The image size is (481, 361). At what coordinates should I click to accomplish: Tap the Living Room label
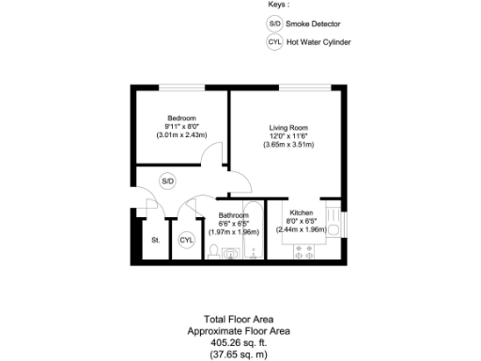[288, 127]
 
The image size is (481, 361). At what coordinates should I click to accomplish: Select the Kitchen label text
[301, 213]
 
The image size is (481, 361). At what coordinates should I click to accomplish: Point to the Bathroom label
[234, 215]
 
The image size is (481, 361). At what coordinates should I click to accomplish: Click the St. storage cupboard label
[155, 241]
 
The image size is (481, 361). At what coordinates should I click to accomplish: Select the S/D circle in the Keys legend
[274, 23]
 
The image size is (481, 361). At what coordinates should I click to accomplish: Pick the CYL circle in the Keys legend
[274, 43]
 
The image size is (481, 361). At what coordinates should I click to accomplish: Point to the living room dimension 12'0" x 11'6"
[288, 136]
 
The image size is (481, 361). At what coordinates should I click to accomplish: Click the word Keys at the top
[279, 5]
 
